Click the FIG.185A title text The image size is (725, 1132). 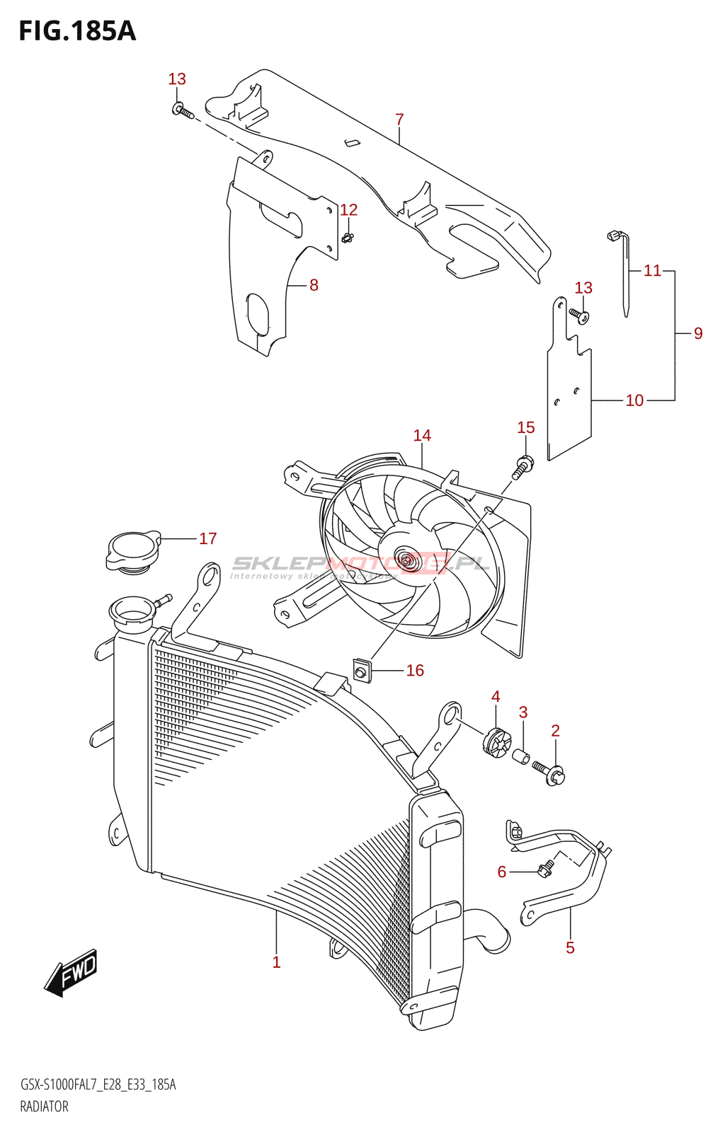76,31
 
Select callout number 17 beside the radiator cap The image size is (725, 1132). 207,538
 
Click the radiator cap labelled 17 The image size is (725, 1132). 132,552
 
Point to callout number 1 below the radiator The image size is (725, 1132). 276,962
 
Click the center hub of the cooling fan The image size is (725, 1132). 405,560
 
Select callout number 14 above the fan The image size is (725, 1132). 422,435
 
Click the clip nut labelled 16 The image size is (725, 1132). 362,670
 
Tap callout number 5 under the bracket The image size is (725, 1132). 570,948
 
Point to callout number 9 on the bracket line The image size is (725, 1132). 698,333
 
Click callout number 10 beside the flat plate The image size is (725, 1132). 634,400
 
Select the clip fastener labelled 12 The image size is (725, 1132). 347,237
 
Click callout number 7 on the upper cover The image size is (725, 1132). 399,120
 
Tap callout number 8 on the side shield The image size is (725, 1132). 314,285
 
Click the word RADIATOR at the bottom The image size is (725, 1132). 44,1107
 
